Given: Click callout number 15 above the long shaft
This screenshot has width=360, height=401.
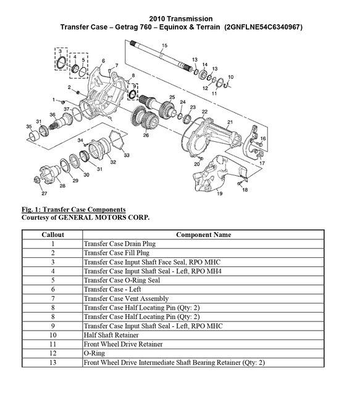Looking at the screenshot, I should (x=164, y=46).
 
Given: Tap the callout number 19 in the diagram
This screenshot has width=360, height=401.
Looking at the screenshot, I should (x=219, y=194).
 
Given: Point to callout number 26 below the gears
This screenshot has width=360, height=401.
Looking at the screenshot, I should (x=146, y=134).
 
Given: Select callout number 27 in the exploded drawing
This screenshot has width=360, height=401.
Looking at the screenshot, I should (x=44, y=194).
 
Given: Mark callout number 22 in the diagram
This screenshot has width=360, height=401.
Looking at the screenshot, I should (x=204, y=112).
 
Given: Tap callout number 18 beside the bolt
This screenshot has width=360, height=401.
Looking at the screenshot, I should (x=245, y=190).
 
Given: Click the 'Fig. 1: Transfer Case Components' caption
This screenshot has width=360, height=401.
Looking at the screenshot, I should (x=73, y=210).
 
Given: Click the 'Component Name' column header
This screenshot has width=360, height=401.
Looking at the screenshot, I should (x=204, y=234).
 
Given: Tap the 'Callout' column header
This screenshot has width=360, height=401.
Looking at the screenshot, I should (x=52, y=234).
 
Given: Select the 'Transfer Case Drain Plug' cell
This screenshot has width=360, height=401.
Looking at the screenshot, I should (x=119, y=244).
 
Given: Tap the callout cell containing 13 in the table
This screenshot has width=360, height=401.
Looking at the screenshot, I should (x=52, y=364).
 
